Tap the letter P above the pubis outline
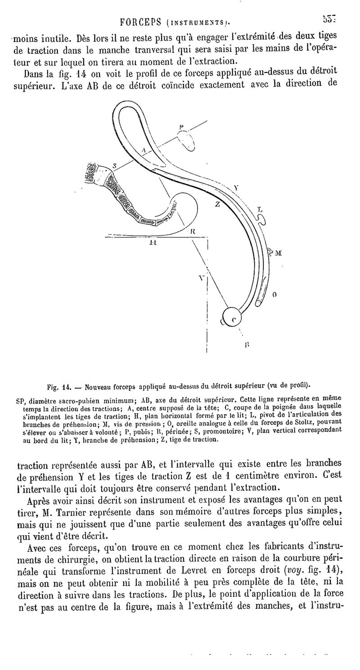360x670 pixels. click(x=181, y=128)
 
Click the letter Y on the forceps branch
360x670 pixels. click(x=236, y=188)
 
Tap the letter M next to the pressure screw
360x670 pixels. click(x=278, y=253)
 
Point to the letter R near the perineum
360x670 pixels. click(x=192, y=231)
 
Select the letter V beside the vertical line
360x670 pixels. click(x=201, y=278)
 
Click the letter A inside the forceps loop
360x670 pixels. click(x=143, y=151)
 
